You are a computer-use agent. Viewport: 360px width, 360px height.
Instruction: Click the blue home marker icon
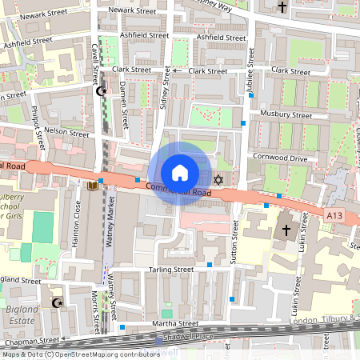point(180,172)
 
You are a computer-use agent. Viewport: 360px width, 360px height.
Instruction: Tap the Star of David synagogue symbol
point(218,178)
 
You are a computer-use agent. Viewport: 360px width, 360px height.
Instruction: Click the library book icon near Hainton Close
point(92,186)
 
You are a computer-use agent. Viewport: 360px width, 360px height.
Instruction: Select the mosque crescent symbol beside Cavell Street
point(101,92)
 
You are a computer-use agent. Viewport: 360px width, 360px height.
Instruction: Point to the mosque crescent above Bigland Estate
point(56,303)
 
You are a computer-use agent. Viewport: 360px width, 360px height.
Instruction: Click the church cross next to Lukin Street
point(286,232)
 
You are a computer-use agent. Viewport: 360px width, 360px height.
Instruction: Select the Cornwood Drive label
point(280,158)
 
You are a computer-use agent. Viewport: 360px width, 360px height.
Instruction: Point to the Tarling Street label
point(171,270)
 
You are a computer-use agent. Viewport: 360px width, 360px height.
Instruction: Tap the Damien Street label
point(126,107)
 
